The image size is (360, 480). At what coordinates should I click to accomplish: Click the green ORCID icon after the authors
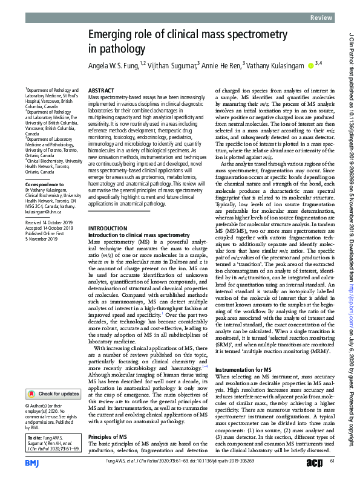(x=311, y=65)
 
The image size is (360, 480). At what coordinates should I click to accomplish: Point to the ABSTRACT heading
(x=102, y=89)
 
